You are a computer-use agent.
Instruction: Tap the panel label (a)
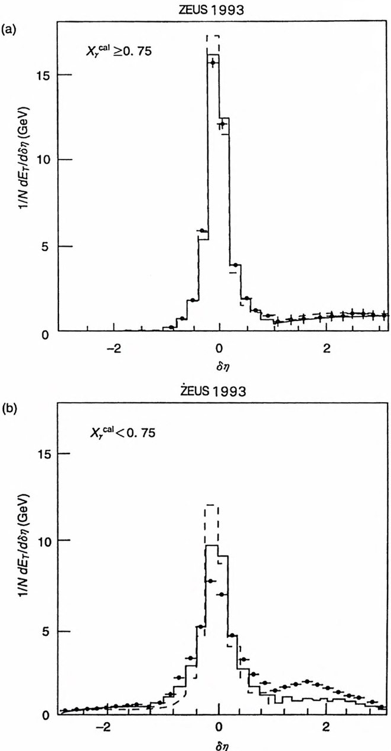point(8,28)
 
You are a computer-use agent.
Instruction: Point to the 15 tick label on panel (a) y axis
point(49,75)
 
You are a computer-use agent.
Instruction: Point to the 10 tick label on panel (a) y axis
point(49,159)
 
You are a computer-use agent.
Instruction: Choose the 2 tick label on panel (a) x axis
point(327,346)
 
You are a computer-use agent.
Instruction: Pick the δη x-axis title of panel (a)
point(220,361)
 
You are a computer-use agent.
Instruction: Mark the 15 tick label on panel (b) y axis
point(49,453)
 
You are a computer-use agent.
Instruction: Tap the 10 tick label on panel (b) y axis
point(49,541)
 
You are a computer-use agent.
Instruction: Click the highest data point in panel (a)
point(212,63)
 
